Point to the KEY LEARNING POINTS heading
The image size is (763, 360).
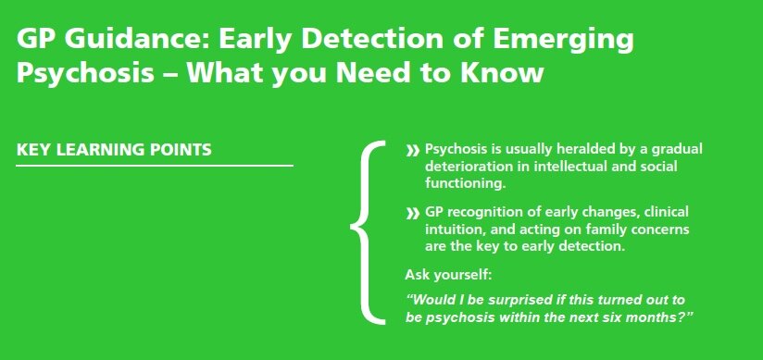pos(114,149)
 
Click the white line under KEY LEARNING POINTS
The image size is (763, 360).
pos(155,166)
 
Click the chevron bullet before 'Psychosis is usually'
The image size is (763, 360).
pos(412,150)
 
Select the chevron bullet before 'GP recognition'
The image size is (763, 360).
pos(412,214)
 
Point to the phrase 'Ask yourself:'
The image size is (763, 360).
pos(448,276)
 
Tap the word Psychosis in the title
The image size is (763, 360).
pos(85,73)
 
